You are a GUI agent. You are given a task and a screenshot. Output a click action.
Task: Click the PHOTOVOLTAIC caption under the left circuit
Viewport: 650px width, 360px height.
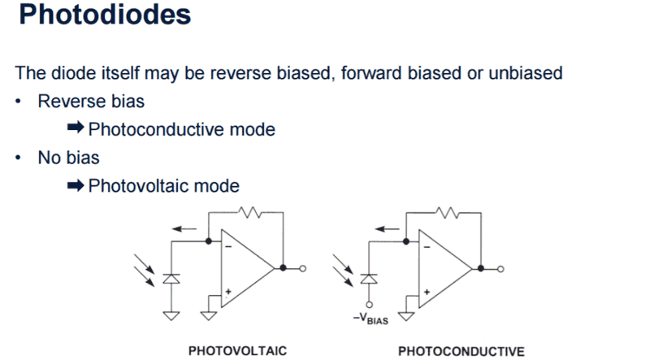tap(237, 351)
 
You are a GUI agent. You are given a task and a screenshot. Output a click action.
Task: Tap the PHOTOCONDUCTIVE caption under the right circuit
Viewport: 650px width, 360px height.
tap(461, 351)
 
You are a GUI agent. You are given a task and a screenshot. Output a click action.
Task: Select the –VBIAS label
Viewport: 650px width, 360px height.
tap(370, 319)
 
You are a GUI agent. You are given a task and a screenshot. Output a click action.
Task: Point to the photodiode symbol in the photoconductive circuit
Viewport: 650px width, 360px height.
tap(370, 278)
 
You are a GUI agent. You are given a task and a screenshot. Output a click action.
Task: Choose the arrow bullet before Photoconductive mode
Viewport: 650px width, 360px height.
tap(75, 129)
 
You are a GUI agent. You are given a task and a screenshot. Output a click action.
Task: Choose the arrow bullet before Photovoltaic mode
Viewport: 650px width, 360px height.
tap(75, 185)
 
